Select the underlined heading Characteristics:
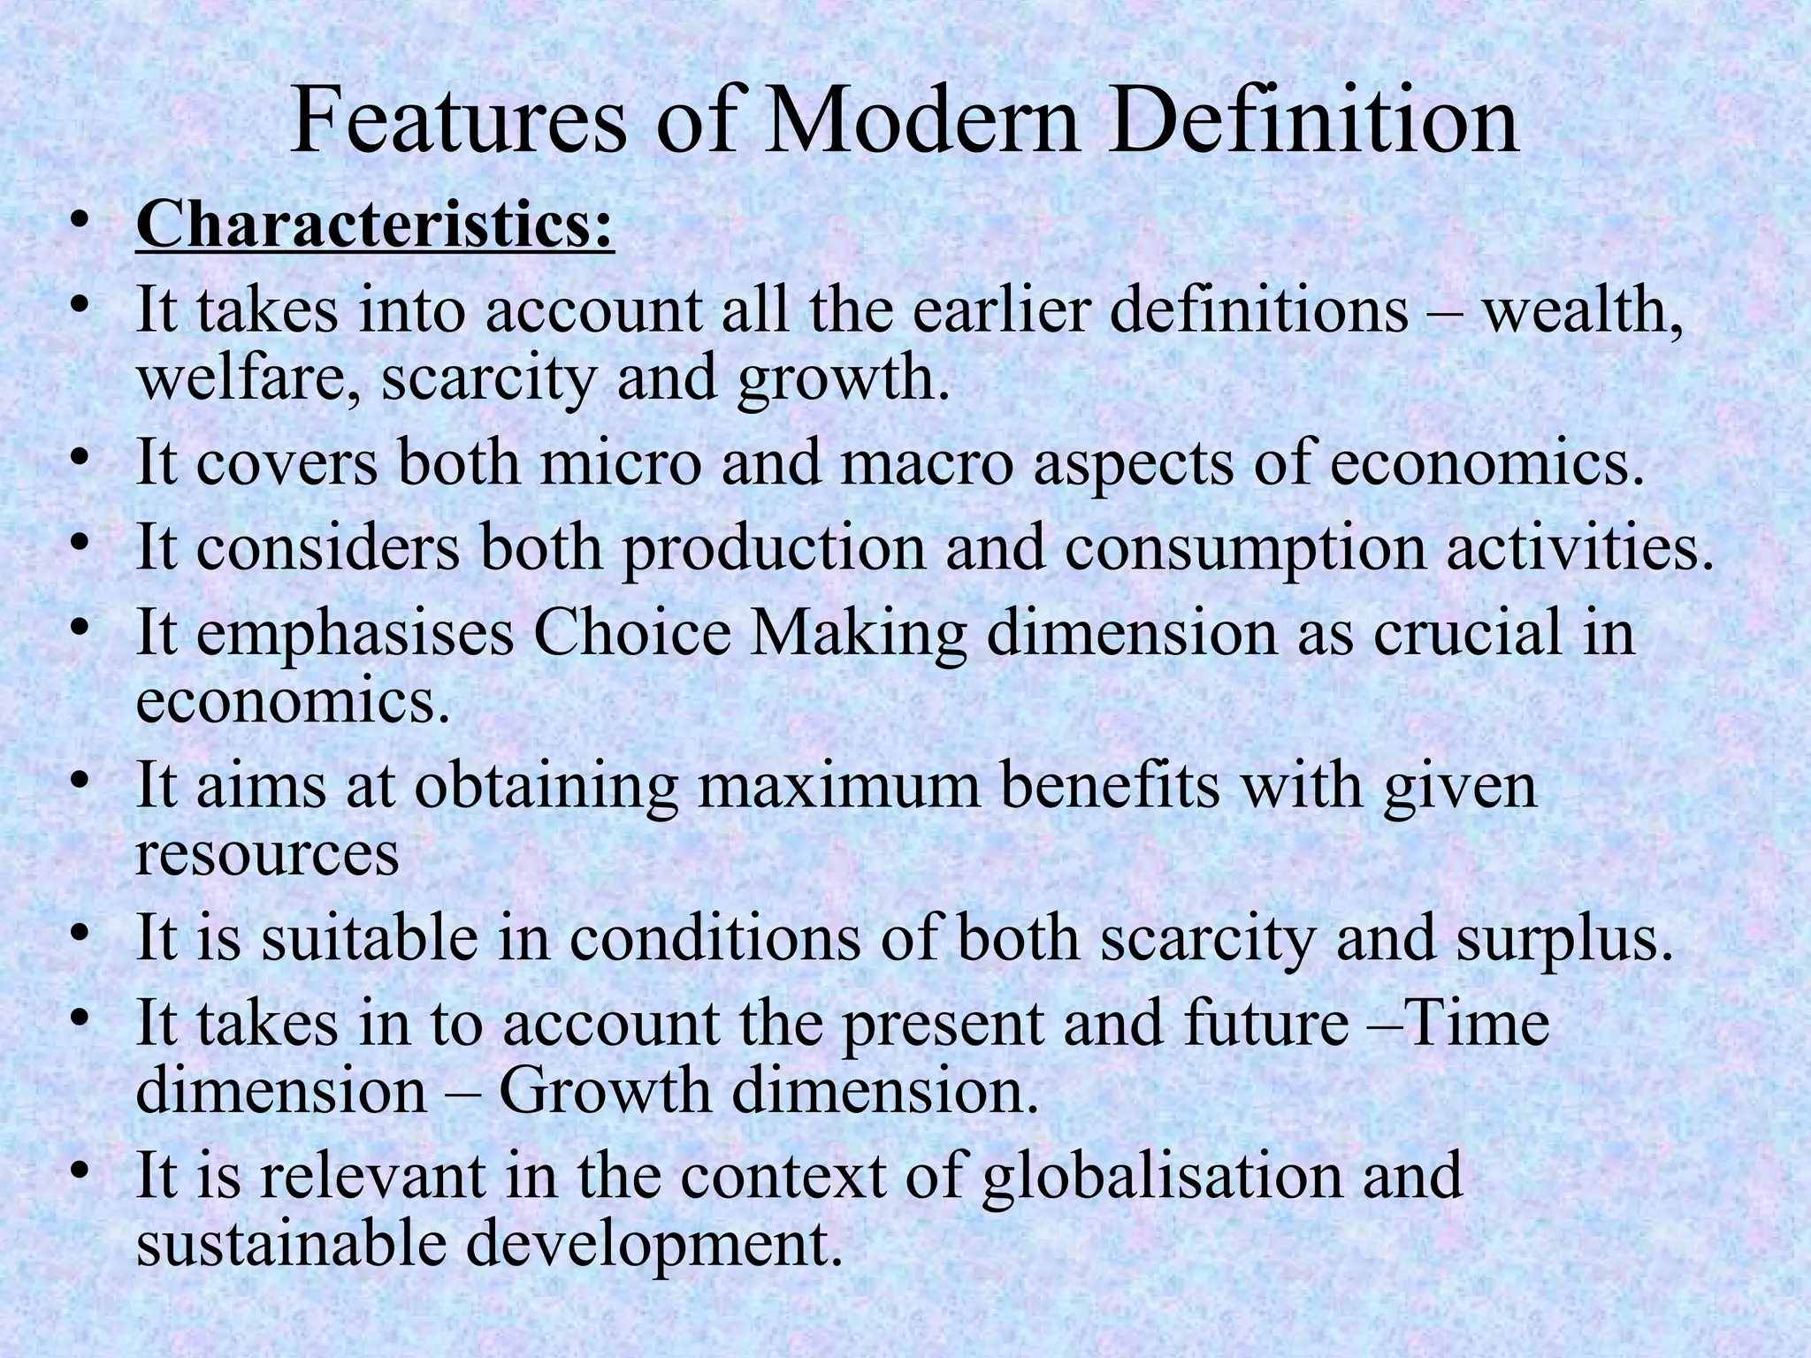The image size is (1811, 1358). [374, 226]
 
